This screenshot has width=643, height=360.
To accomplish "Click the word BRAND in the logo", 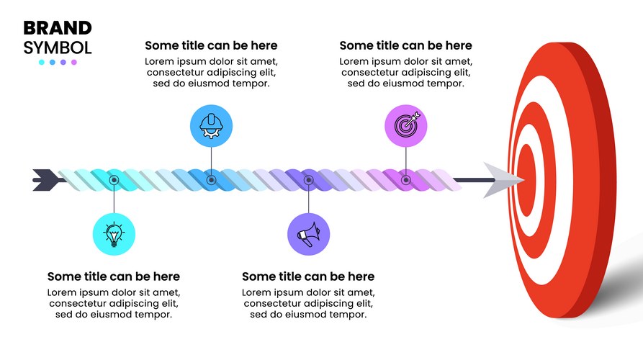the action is pos(58,28).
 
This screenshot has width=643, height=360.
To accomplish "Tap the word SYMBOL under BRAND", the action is pos(58,48).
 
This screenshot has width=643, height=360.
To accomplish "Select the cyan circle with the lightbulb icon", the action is pos(114,234).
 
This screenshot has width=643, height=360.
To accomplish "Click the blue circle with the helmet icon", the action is pos(211,126).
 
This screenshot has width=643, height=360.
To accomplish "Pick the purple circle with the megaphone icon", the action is pos(308,234).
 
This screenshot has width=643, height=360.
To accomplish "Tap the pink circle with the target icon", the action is pos(405,126).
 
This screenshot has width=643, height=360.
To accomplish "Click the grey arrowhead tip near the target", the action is pos(523,179).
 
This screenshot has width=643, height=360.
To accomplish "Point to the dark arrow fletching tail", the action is pos(46,180).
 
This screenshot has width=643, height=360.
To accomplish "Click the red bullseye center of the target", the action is pos(527,179).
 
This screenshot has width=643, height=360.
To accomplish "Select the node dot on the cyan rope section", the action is pos(114,180).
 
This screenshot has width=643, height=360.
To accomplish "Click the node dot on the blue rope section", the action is pos(211,180).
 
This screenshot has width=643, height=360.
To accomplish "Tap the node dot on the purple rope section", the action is pos(308,180).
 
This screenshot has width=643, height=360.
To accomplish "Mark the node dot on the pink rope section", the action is pos(405,180).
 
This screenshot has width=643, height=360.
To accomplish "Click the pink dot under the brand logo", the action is pos(74,63).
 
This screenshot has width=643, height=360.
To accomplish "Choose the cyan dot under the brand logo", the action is pos(42,63).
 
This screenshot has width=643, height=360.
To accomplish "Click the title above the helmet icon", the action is pos(211,45).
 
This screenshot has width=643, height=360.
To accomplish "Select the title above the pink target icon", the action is pos(405,45).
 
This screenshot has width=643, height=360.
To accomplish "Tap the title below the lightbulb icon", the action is pos(114,276).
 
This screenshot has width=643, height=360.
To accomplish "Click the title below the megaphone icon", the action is pos(308,276).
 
